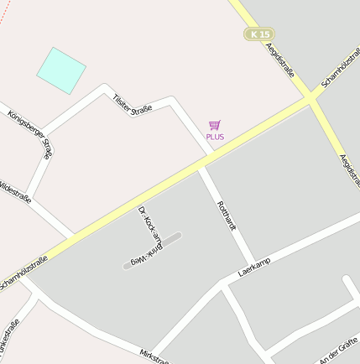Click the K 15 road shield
click(259, 34)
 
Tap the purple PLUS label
click(215, 137)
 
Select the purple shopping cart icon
click(215, 125)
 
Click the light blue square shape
click(61, 70)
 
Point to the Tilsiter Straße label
click(132, 104)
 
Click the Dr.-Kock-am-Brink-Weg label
click(149, 237)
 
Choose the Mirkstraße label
click(154, 357)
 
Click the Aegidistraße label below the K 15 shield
click(280, 60)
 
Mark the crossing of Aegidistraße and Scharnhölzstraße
click(312, 96)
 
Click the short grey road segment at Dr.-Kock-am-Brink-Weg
click(152, 251)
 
